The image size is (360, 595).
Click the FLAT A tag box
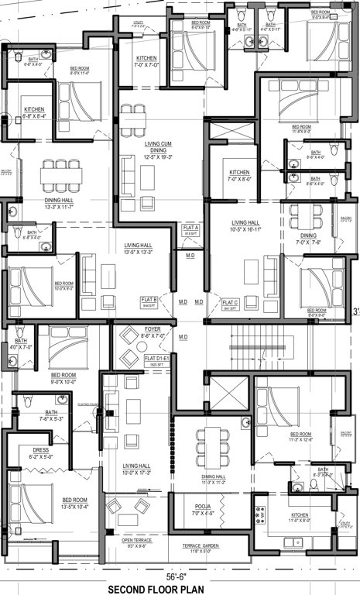(x=191, y=229)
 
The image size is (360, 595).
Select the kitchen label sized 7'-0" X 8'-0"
(x=239, y=174)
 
